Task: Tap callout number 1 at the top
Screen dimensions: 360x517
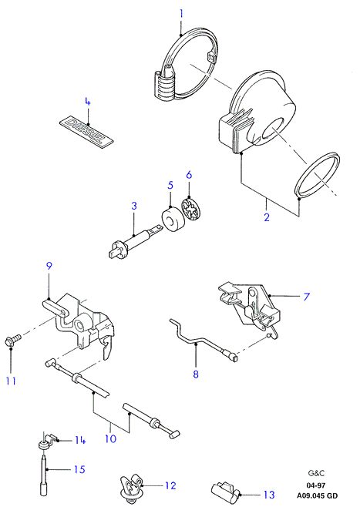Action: pyautogui.click(x=181, y=14)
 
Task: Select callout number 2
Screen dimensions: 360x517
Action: pyautogui.click(x=267, y=217)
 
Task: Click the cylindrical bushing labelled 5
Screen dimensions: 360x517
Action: pyautogui.click(x=172, y=219)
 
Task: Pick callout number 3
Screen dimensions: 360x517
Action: pyautogui.click(x=134, y=206)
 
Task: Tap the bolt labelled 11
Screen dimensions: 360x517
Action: pyautogui.click(x=13, y=340)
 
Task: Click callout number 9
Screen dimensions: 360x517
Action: pyautogui.click(x=49, y=266)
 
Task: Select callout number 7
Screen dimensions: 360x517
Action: pyautogui.click(x=307, y=297)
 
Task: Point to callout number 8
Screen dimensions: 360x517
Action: pyautogui.click(x=196, y=374)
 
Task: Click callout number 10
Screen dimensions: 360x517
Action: pyautogui.click(x=110, y=439)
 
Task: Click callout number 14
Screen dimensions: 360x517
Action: pyautogui.click(x=80, y=440)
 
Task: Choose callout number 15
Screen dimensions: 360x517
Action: pyautogui.click(x=79, y=469)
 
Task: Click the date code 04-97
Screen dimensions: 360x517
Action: pyautogui.click(x=316, y=485)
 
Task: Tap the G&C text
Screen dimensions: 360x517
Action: pyautogui.click(x=316, y=473)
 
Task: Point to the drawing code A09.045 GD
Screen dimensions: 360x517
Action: pyautogui.click(x=317, y=495)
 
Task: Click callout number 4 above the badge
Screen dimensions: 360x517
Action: pyautogui.click(x=87, y=102)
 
